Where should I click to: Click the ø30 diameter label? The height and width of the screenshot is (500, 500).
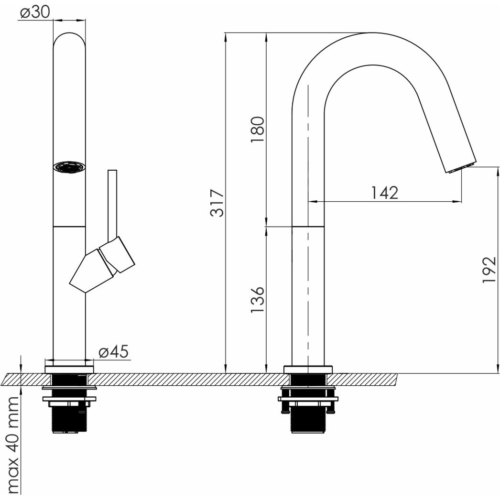(x=35, y=12)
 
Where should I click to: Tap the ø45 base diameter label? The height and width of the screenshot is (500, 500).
(x=113, y=352)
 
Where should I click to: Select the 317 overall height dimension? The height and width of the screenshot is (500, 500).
(x=217, y=203)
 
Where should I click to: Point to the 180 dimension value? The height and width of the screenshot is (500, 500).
(x=258, y=130)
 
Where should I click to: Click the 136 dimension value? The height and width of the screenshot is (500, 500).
(x=258, y=299)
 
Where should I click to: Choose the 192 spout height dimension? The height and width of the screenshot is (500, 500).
(x=489, y=270)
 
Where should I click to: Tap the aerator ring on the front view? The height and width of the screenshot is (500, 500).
(x=69, y=167)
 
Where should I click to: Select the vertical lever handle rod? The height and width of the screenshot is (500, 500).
(x=112, y=206)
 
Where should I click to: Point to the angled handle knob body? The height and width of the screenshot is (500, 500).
(x=102, y=265)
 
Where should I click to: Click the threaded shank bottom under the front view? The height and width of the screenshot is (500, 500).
(x=69, y=419)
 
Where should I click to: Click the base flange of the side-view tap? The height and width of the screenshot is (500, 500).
(x=308, y=370)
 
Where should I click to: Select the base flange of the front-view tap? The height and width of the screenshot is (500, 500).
(x=69, y=370)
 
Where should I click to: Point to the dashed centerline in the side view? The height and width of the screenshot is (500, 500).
(x=308, y=229)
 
